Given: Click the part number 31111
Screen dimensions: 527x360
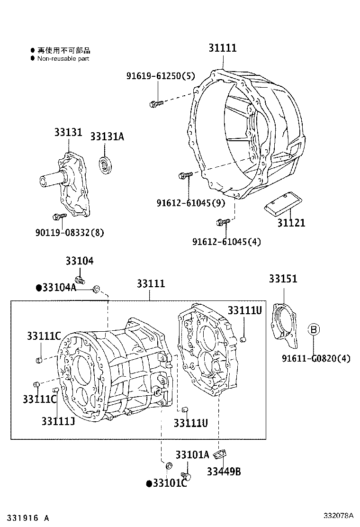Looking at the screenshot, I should click(222, 48).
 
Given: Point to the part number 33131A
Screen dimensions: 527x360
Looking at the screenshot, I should click(107, 136).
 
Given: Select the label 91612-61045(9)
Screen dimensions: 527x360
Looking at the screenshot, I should click(190, 203).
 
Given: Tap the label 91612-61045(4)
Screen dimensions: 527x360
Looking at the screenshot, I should click(226, 242).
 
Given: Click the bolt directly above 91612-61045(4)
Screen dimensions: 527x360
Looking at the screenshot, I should click(223, 221).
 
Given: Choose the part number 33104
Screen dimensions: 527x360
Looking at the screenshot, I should click(79, 261).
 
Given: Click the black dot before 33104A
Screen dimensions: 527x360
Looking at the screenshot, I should click(39, 288).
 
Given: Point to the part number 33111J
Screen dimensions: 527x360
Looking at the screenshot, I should click(58, 421).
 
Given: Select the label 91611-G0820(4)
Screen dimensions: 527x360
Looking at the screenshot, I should click(316, 358).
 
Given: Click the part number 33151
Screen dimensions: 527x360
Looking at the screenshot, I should click(283, 279).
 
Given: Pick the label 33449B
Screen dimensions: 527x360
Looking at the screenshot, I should click(224, 472).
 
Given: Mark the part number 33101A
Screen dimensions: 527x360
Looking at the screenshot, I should click(192, 455).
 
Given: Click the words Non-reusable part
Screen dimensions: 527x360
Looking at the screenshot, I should click(63, 59).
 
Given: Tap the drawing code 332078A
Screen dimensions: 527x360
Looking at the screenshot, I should click(339, 515).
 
